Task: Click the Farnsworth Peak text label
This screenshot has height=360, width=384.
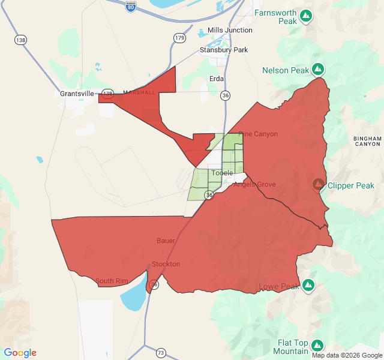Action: tap(275, 16)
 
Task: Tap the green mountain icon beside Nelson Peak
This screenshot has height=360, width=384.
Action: tap(318, 70)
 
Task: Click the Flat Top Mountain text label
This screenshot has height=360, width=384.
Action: tap(293, 346)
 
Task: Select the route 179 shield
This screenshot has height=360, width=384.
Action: tap(179, 38)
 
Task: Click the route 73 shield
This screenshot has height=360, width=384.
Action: tap(161, 353)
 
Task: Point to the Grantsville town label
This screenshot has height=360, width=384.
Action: tap(77, 94)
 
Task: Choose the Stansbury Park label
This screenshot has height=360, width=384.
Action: tap(224, 50)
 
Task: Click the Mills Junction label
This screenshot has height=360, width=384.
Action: tap(230, 30)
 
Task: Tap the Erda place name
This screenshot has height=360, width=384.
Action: tap(216, 79)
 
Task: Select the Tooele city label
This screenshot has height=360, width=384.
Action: tap(222, 173)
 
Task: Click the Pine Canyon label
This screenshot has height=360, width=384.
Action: tap(259, 134)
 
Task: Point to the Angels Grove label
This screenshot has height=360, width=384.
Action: tap(254, 184)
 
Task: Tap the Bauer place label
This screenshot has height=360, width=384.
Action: tap(166, 241)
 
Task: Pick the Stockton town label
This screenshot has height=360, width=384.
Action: tap(166, 264)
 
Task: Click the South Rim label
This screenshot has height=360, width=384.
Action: tap(112, 281)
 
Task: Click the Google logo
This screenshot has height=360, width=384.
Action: tap(20, 353)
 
